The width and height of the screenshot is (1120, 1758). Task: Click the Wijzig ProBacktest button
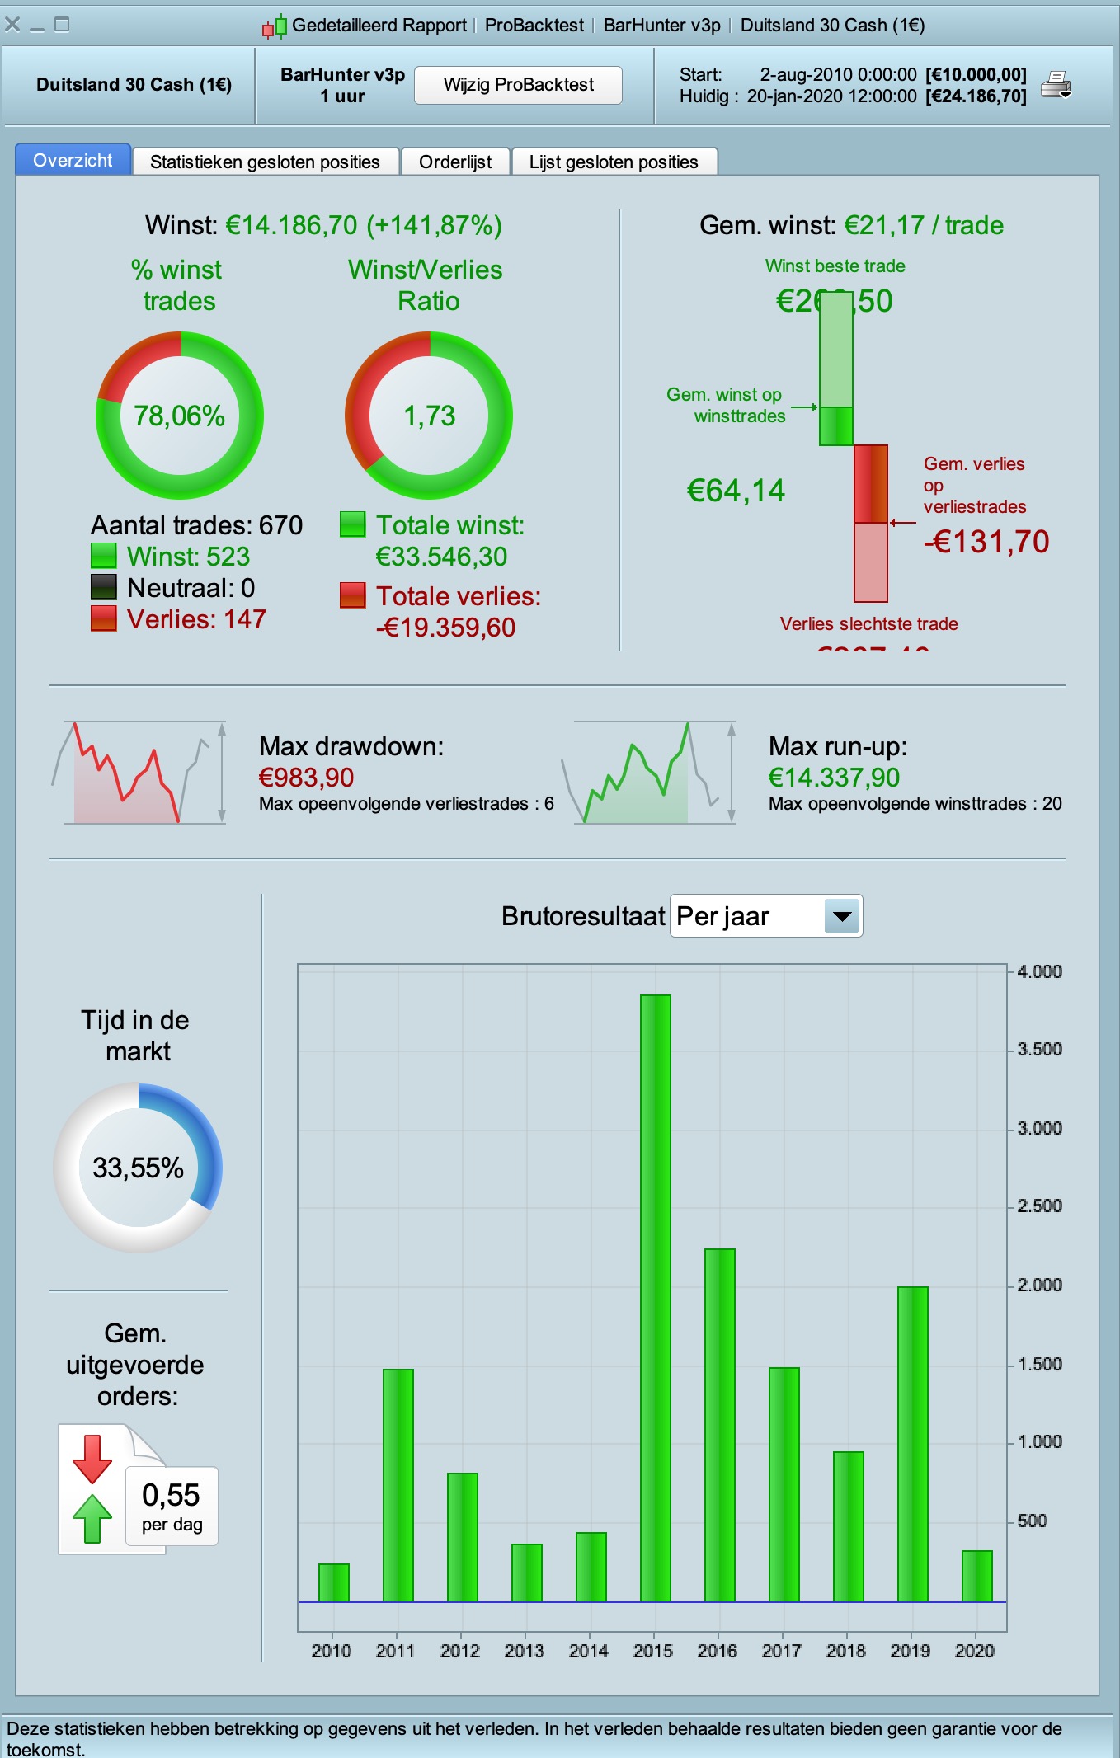point(518,85)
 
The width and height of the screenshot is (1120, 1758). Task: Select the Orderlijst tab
point(454,162)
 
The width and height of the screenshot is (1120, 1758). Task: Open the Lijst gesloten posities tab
point(614,162)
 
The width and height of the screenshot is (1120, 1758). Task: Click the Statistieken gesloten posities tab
point(265,162)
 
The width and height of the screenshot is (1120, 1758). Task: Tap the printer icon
point(1056,85)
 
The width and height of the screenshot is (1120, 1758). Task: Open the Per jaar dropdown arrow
point(842,916)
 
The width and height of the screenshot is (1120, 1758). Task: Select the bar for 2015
point(656,1298)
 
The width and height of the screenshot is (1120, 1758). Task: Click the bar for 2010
point(334,1582)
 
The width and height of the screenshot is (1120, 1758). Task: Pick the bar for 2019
point(913,1444)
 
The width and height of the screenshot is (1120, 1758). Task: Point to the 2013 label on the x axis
point(525,1651)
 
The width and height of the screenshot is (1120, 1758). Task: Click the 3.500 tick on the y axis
point(1039,1050)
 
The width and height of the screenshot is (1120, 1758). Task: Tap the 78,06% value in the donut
point(180,416)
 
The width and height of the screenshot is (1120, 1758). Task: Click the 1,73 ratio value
point(429,416)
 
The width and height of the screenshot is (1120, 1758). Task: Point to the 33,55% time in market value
point(138,1168)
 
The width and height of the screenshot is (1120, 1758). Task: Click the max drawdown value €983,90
point(306,778)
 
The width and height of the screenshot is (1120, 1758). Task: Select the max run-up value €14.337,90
point(834,778)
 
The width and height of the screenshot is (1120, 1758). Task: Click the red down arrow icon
point(92,1458)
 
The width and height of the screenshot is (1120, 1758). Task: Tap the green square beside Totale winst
point(353,524)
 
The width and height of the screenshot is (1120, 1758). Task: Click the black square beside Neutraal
point(103,587)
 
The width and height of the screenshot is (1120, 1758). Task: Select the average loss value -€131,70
point(986,542)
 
